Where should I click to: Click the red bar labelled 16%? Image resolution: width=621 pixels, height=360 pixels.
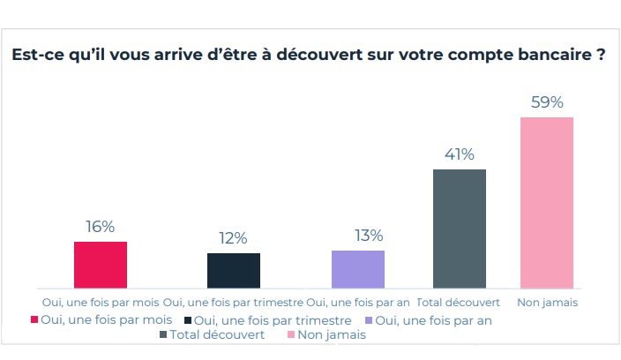coord(101,265)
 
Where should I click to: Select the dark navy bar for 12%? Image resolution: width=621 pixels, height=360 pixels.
coord(234,271)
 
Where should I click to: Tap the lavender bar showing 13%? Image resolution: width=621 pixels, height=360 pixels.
coord(358,269)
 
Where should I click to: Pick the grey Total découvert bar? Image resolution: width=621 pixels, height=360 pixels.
coord(459,229)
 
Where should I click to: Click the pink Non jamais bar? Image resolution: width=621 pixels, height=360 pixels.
coord(547,202)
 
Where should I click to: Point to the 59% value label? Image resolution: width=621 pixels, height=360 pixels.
coord(547,102)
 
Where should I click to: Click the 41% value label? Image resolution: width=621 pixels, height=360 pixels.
coord(459,154)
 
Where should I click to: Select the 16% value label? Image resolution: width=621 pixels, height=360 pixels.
coord(101,227)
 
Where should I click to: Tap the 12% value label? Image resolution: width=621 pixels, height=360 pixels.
coord(234,238)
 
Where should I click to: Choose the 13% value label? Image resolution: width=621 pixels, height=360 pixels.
coord(369,236)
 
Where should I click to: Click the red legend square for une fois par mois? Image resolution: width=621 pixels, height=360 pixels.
coord(34,320)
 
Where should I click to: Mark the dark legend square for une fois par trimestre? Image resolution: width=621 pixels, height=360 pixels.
coord(188,320)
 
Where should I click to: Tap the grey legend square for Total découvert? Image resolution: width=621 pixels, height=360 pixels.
coord(163,335)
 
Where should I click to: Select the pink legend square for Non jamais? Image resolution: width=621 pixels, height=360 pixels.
coord(290,335)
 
